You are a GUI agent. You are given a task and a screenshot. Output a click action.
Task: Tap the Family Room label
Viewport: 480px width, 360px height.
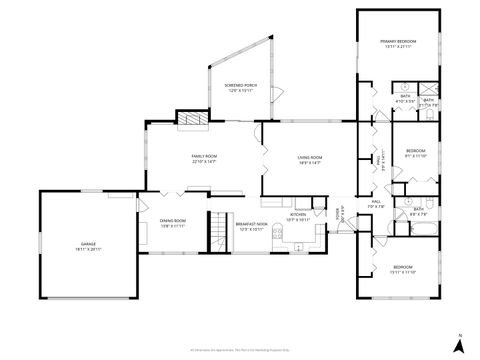coord(204,157)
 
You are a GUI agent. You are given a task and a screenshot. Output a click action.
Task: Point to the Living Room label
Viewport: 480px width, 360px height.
coord(309,157)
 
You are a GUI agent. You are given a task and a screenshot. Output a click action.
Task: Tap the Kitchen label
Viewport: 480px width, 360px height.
coord(298,213)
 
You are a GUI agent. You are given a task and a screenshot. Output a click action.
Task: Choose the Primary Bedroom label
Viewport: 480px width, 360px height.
coord(397,41)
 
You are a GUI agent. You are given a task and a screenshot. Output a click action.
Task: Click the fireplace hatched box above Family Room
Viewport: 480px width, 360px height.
coord(191,117)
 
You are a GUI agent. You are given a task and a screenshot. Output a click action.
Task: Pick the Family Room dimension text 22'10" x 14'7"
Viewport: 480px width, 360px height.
coord(204,163)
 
